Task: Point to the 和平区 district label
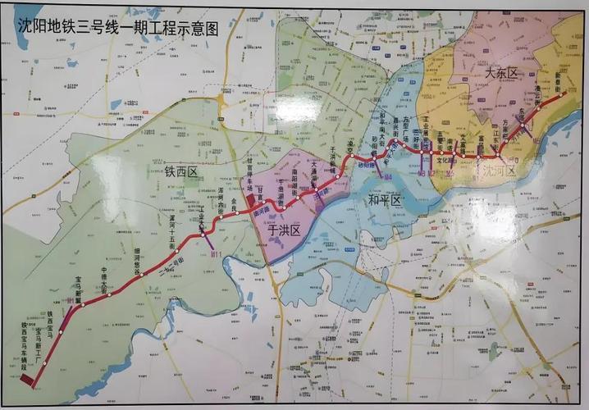click(x=383, y=200)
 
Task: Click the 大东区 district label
click(x=502, y=74)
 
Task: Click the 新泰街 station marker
click(x=564, y=95)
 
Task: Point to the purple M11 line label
click(x=217, y=254)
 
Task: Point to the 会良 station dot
click(x=237, y=221)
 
